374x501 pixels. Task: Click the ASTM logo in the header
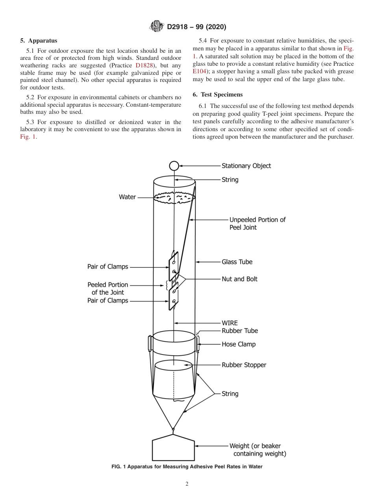pos(157,27)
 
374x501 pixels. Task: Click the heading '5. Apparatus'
pos(39,41)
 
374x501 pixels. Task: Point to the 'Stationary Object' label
pos(246,166)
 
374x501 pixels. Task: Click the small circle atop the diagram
pos(174,166)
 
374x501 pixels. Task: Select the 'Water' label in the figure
pos(127,197)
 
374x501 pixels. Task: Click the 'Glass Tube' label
pos(237,262)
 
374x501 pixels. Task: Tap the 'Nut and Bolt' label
pos(239,279)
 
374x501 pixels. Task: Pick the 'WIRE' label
pos(230,323)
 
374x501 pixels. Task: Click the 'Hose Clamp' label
pos(239,344)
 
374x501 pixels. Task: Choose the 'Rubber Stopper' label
pos(244,365)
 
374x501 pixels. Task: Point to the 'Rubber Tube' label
pos(240,331)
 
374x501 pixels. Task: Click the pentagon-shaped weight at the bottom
pos(174,447)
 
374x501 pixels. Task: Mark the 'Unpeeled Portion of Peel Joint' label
pos(257,223)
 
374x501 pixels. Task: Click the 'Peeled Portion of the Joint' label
pos(107,288)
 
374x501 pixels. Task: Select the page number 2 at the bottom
pos(187,484)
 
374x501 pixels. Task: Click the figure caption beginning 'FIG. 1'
pos(187,467)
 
